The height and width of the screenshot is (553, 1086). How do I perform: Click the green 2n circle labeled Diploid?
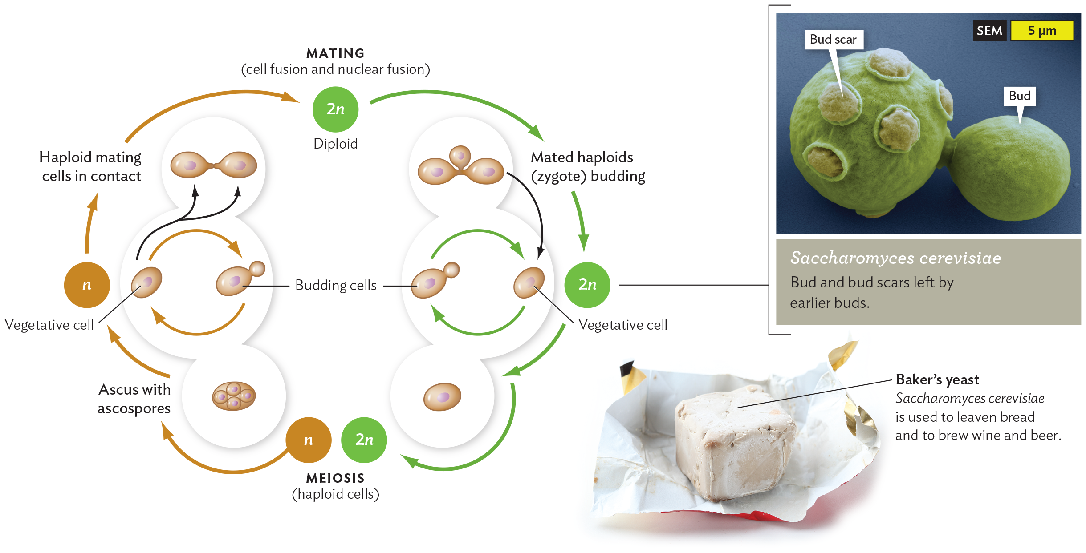point(335,109)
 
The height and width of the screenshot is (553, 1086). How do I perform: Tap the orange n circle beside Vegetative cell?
point(87,285)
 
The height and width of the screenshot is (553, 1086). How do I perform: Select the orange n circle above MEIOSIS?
point(308,440)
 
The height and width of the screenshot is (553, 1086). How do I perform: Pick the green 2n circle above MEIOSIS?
point(364,440)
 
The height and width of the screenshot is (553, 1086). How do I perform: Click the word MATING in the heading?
point(335,53)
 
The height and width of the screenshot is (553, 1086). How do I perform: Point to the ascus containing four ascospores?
point(234,396)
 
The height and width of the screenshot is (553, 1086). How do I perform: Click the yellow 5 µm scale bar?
point(1041,31)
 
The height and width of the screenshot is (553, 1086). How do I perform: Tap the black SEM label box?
point(989,31)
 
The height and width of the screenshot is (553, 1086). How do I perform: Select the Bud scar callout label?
point(833,40)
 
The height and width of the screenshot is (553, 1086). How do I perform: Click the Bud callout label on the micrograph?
point(1019,96)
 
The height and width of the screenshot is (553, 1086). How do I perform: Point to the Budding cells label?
point(336,285)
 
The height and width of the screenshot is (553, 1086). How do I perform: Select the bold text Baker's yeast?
point(937,379)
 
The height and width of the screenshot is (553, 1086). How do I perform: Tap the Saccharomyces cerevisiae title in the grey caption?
point(895,258)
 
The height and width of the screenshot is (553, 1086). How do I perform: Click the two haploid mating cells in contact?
point(214,165)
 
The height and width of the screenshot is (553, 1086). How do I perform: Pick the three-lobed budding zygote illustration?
point(460,167)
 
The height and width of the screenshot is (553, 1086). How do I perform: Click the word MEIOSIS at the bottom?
point(335,478)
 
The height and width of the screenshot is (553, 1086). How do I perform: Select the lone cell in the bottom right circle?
point(442,396)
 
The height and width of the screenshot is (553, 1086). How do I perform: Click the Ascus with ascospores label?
point(134,399)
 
